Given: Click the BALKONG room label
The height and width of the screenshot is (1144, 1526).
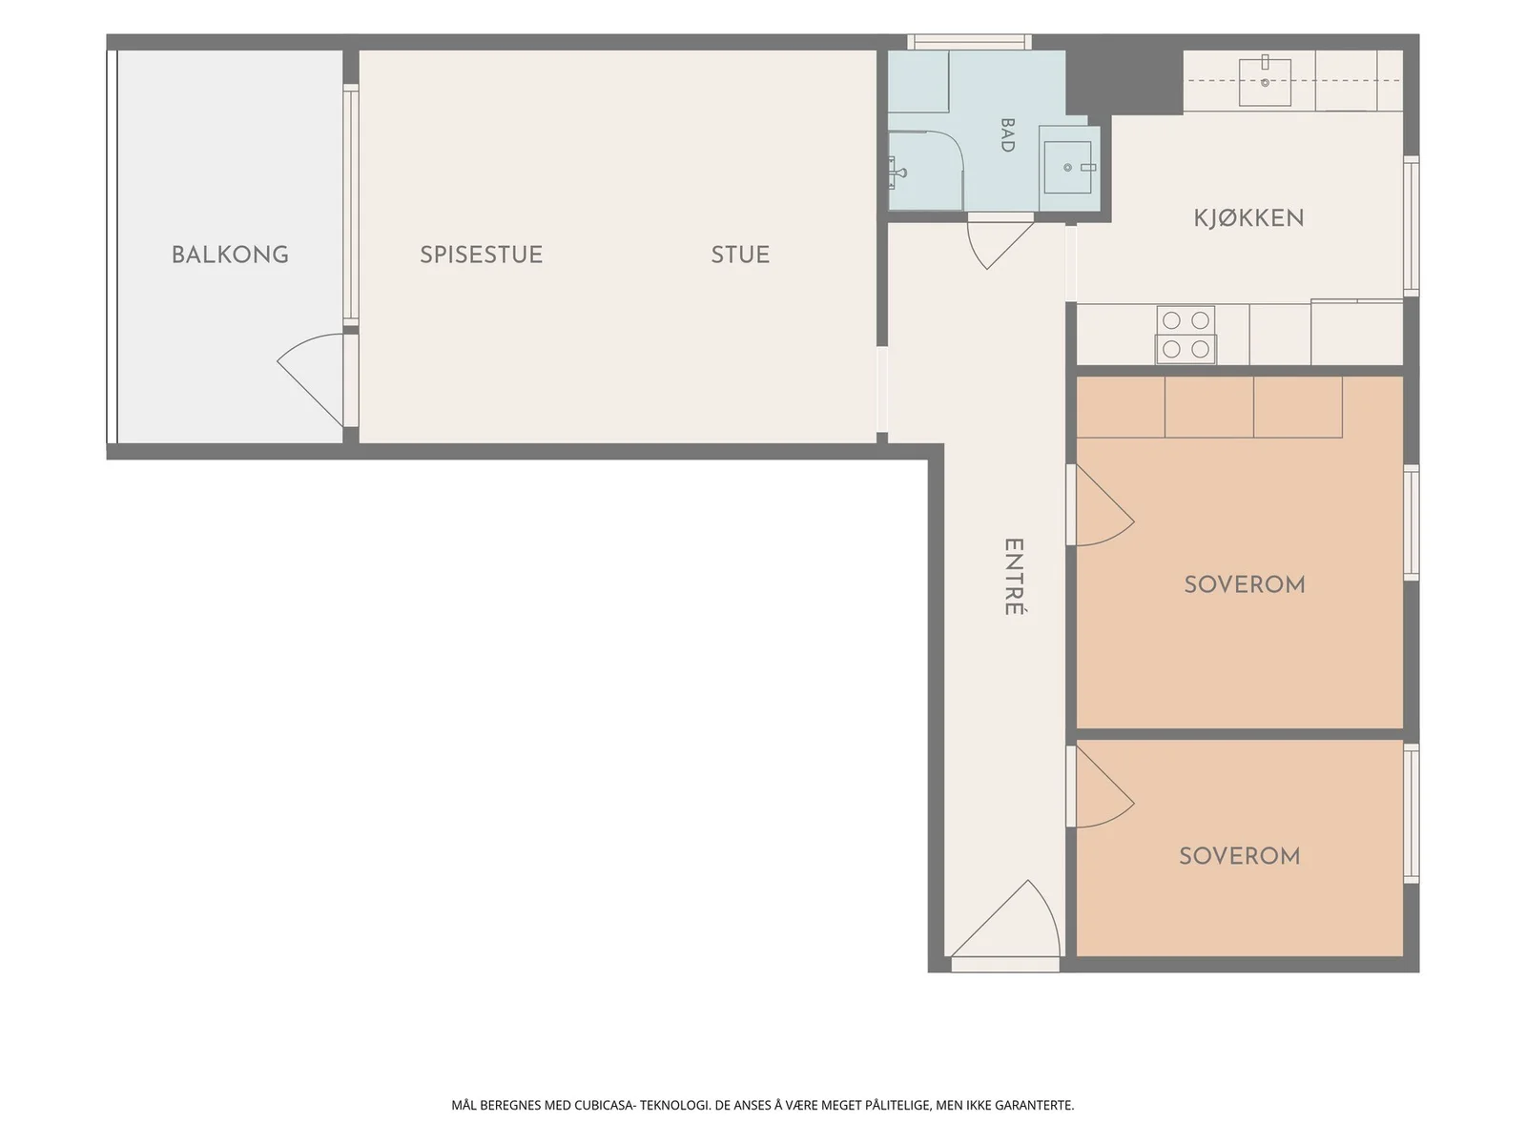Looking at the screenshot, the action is click(x=230, y=255).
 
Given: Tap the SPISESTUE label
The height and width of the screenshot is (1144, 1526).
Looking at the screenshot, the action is click(x=481, y=255).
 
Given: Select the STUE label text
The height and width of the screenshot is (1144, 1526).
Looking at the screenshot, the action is click(x=740, y=255).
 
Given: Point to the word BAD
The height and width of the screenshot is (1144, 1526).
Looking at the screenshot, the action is click(x=1006, y=134).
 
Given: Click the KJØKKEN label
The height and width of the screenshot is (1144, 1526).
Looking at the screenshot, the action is click(x=1248, y=218).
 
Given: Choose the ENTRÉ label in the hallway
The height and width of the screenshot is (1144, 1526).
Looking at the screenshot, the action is click(x=1014, y=577).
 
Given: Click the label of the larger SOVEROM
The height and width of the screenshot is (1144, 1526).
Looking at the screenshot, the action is click(x=1245, y=584).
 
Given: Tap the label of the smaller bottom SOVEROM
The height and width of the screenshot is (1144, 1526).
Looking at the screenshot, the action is click(x=1240, y=856).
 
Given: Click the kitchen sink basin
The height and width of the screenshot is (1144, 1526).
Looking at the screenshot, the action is click(x=1265, y=82).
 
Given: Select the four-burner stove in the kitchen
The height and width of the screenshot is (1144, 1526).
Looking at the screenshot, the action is click(x=1186, y=334).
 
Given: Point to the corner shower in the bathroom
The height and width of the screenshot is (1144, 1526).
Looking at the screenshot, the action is click(x=925, y=171).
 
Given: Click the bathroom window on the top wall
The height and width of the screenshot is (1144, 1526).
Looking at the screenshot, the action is click(x=970, y=42).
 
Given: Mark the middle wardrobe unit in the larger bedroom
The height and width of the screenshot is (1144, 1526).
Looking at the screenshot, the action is click(x=1209, y=407).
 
